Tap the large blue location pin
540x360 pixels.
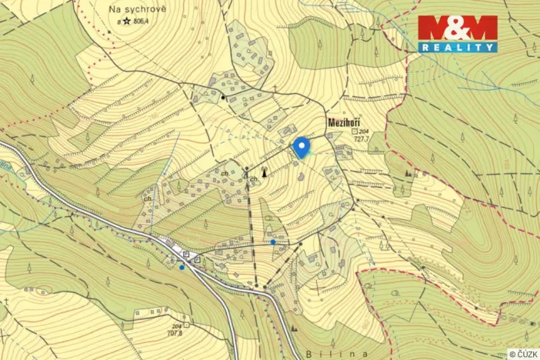(x=301, y=146)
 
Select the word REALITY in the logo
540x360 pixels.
(x=458, y=47)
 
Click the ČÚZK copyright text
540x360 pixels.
(x=526, y=354)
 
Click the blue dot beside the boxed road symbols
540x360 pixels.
(x=182, y=267)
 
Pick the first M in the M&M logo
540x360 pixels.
(x=432, y=28)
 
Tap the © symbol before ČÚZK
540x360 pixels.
(x=512, y=354)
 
